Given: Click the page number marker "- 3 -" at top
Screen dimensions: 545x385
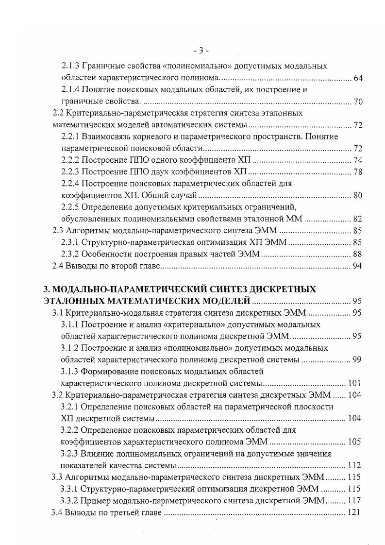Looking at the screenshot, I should pos(200,50).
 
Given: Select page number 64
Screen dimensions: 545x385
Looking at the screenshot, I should pos(358,78).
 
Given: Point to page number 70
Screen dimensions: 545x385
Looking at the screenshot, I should pos(358,102).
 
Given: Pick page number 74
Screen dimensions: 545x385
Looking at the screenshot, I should pos(358,160).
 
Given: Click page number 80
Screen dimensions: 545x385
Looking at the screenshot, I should pos(358,195).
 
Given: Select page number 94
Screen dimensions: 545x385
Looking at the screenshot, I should pos(358,266).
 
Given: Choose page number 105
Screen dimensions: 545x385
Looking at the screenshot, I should pos(354,442).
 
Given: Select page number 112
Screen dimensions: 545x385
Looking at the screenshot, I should pos(354,465).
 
